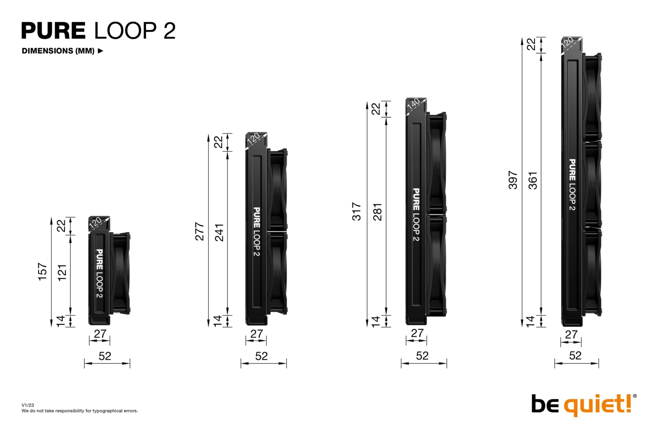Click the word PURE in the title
click(54, 30)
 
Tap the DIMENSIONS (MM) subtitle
click(58, 51)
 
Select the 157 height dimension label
click(43, 272)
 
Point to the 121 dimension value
click(62, 273)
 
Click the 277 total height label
click(200, 231)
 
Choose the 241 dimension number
click(219, 232)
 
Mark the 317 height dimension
click(356, 211)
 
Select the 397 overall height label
click(513, 180)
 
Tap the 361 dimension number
click(532, 181)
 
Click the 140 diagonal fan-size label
click(413, 105)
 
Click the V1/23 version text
click(28, 405)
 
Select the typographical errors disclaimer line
click(79, 411)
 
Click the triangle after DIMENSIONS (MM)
click(101, 51)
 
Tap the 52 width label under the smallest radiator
click(105, 356)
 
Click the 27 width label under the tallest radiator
click(571, 335)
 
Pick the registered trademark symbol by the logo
click(635, 396)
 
